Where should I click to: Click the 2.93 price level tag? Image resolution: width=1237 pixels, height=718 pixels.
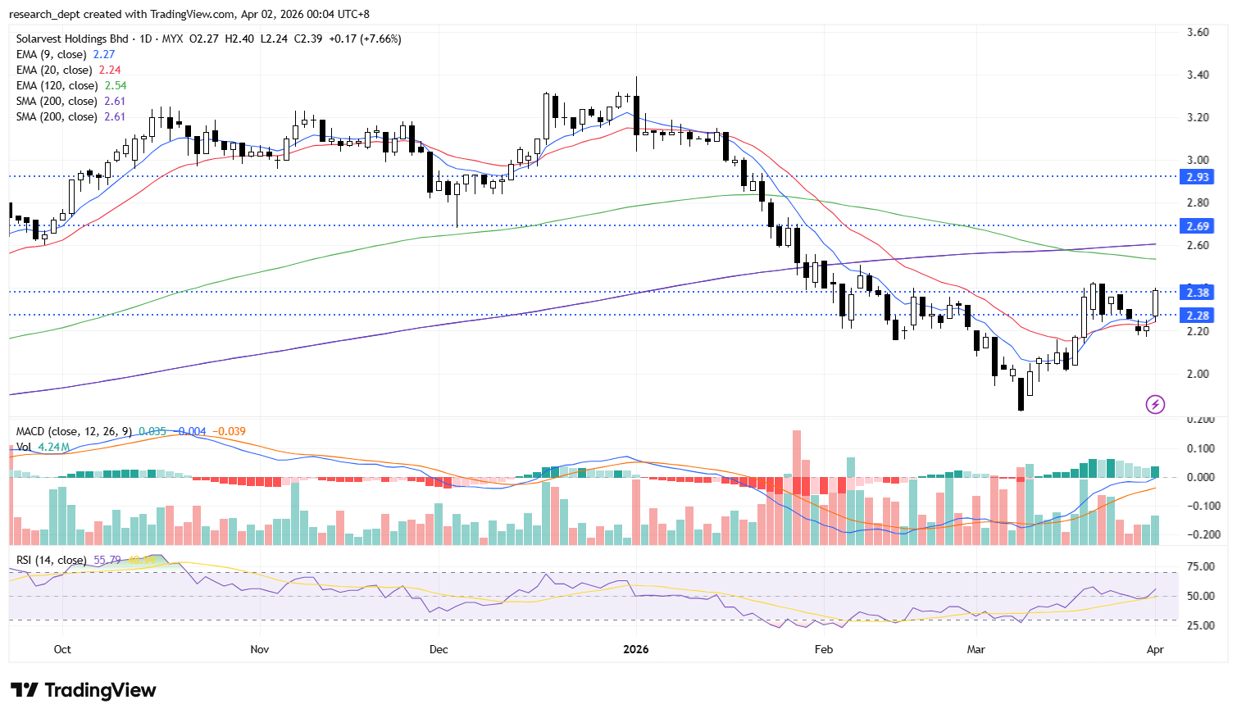click(x=1197, y=177)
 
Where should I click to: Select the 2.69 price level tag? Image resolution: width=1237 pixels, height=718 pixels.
click(x=1197, y=226)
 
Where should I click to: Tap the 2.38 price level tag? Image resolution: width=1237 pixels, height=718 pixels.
click(x=1197, y=293)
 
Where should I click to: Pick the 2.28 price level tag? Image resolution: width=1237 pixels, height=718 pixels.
click(x=1197, y=316)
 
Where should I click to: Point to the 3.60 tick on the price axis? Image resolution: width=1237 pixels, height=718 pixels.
click(x=1198, y=33)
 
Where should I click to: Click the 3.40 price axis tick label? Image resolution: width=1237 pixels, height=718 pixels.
click(x=1198, y=75)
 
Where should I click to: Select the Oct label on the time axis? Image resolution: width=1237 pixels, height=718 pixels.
click(x=62, y=649)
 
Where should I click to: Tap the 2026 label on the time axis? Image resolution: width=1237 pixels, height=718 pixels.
click(x=635, y=649)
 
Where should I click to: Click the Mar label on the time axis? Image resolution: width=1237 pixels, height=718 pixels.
click(x=976, y=649)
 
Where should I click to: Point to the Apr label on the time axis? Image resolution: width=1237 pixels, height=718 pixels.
click(x=1155, y=649)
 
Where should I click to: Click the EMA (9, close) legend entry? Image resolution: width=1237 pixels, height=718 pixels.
click(x=51, y=55)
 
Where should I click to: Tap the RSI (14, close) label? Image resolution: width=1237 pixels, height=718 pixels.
click(x=51, y=561)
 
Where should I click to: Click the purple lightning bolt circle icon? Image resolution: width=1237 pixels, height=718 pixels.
click(x=1155, y=404)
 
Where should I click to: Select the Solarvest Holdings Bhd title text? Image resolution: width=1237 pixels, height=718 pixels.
click(x=72, y=39)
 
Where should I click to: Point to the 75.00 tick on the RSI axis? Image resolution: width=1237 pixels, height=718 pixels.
click(x=1200, y=567)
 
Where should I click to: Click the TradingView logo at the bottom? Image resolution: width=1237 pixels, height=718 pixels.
click(x=84, y=690)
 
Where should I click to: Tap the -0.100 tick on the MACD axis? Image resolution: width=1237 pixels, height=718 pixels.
click(x=1200, y=507)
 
